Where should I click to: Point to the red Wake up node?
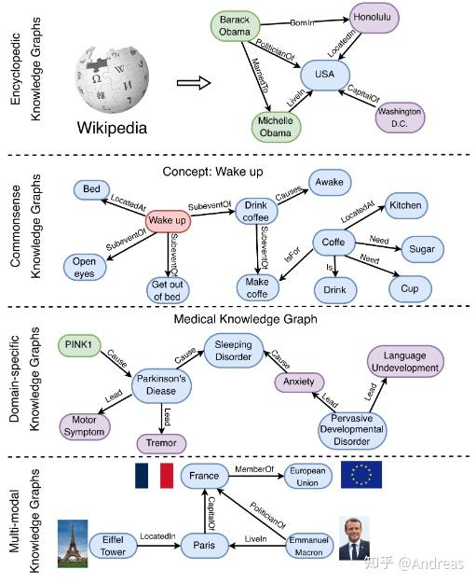coord(168,221)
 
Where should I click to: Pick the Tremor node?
coord(161,442)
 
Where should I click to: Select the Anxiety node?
coord(299,382)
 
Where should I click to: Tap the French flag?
coord(154,475)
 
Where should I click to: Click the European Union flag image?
coord(360,474)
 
